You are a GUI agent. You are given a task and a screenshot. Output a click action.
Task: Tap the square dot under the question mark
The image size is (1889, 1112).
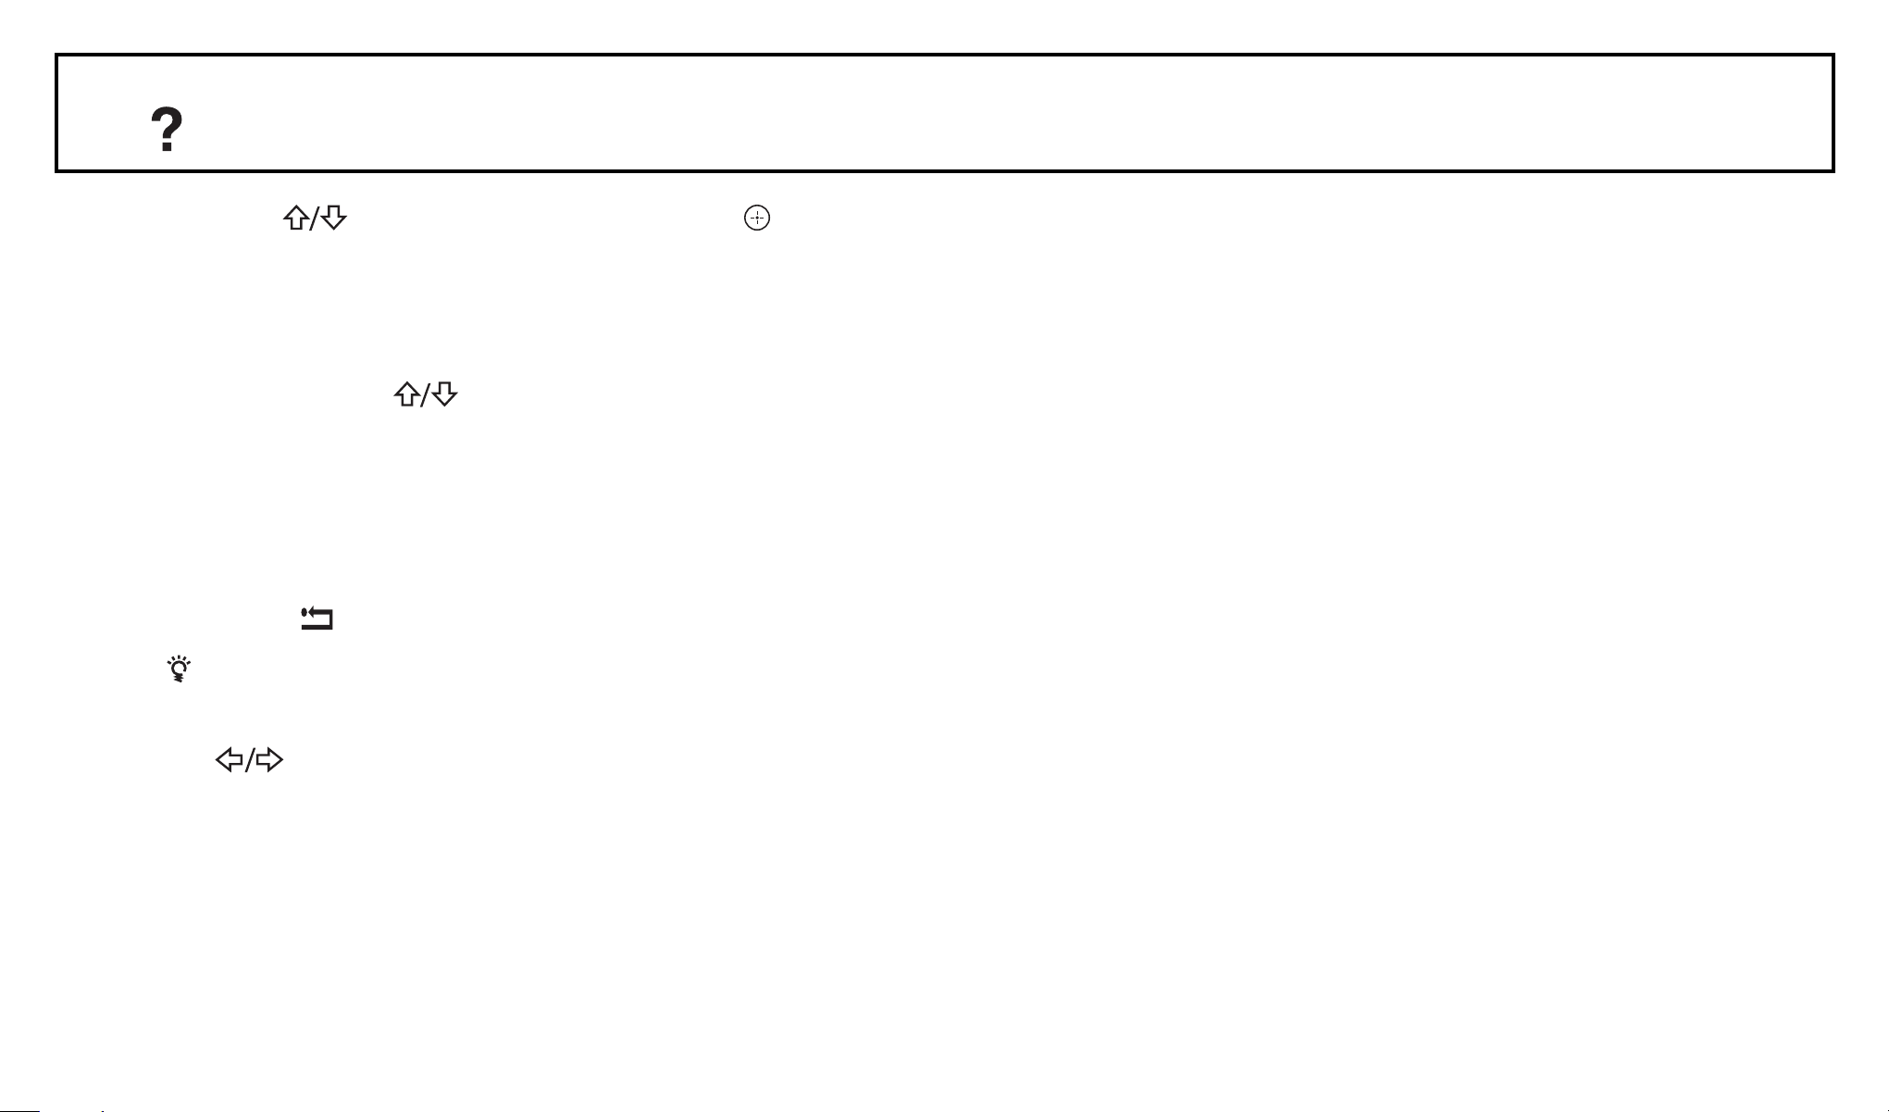point(167,147)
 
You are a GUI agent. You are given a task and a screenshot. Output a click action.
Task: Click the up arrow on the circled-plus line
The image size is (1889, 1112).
point(296,219)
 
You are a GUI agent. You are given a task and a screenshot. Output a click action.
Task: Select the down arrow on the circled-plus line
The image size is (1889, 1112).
point(334,219)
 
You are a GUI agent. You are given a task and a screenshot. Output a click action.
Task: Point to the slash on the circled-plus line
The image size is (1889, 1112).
point(315,219)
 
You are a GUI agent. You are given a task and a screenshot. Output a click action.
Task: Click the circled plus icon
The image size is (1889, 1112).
point(757,219)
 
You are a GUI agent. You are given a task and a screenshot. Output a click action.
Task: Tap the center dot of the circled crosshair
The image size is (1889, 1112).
point(757,219)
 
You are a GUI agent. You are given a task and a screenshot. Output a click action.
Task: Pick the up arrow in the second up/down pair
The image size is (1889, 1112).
point(407,395)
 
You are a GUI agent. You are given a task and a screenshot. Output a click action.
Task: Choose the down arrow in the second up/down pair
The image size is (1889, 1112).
point(445,395)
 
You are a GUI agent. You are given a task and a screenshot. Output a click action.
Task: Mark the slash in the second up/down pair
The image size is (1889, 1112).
point(426,396)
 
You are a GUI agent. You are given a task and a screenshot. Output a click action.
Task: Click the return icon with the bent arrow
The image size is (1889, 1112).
point(317,619)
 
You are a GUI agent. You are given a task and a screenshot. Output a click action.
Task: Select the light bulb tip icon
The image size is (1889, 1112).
point(179,668)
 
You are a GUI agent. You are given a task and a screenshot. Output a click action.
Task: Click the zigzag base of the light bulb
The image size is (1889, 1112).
point(179,679)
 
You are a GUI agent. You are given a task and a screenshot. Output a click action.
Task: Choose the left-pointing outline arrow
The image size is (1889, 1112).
point(229,761)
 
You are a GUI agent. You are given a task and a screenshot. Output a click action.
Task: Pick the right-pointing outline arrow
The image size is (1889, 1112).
point(269,761)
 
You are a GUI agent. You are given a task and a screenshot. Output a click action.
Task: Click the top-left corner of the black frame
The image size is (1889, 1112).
point(57,56)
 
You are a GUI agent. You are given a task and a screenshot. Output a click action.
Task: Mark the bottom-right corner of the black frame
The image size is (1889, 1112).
point(1833,170)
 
